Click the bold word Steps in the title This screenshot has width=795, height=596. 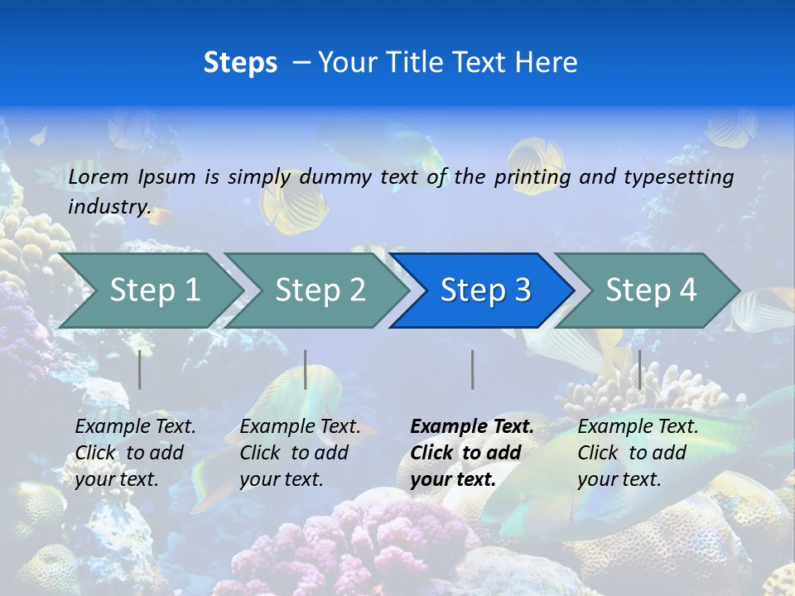click(240, 63)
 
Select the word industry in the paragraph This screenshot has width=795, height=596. click(108, 206)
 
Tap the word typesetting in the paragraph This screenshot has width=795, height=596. click(678, 176)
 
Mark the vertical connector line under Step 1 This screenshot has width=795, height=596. click(140, 369)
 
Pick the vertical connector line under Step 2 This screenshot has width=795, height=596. click(306, 369)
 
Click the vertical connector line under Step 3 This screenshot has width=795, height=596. click(472, 369)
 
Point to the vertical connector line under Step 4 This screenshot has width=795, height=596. click(639, 369)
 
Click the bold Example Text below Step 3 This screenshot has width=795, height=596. click(472, 427)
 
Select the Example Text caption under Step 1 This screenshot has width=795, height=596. click(135, 427)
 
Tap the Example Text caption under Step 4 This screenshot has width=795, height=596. click(638, 427)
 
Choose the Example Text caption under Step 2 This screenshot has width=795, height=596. click(300, 427)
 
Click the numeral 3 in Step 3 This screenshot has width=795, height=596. click(522, 291)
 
